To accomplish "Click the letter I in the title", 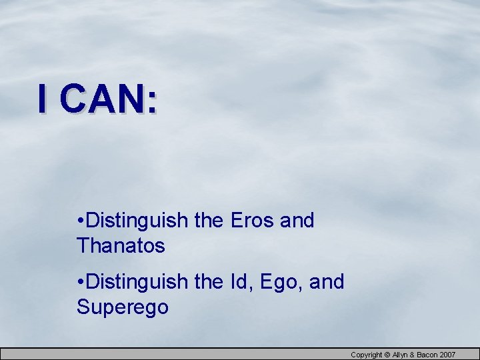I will coord(43,99).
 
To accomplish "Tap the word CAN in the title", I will coord(101,99).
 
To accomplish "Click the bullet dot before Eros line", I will coord(80,221).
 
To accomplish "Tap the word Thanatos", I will coord(121,246).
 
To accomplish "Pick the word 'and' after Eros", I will coord(297,221).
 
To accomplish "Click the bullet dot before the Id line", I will coord(80,282).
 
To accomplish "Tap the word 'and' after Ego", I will coord(327,282).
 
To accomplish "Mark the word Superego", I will coord(123,307).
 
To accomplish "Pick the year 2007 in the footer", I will coord(448,355).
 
